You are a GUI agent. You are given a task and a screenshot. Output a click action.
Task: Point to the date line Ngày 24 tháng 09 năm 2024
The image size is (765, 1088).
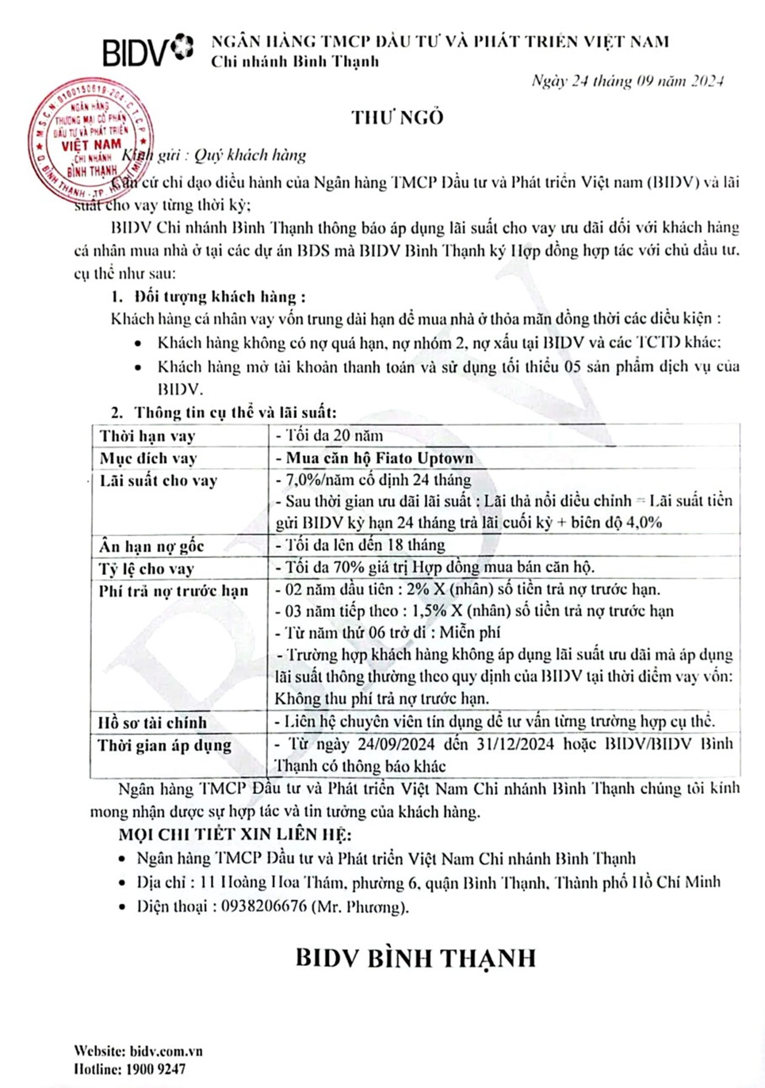pos(628,82)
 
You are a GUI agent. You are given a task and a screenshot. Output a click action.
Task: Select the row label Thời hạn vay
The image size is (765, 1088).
pos(147,436)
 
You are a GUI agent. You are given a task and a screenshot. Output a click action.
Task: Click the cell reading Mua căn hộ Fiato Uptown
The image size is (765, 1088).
pos(379,458)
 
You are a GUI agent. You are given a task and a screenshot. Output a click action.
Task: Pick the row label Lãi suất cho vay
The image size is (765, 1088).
pos(158,481)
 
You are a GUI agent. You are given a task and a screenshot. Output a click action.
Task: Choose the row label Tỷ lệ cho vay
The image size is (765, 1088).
pos(147,568)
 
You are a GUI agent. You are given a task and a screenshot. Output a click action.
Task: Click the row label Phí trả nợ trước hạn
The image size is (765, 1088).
pos(173,590)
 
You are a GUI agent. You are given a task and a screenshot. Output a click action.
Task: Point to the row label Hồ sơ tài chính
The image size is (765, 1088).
pos(152,722)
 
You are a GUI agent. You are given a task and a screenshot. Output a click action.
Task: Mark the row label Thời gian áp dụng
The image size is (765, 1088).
pos(164,745)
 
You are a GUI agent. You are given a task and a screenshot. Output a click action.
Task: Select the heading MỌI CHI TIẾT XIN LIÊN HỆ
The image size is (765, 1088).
pos(235,834)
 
